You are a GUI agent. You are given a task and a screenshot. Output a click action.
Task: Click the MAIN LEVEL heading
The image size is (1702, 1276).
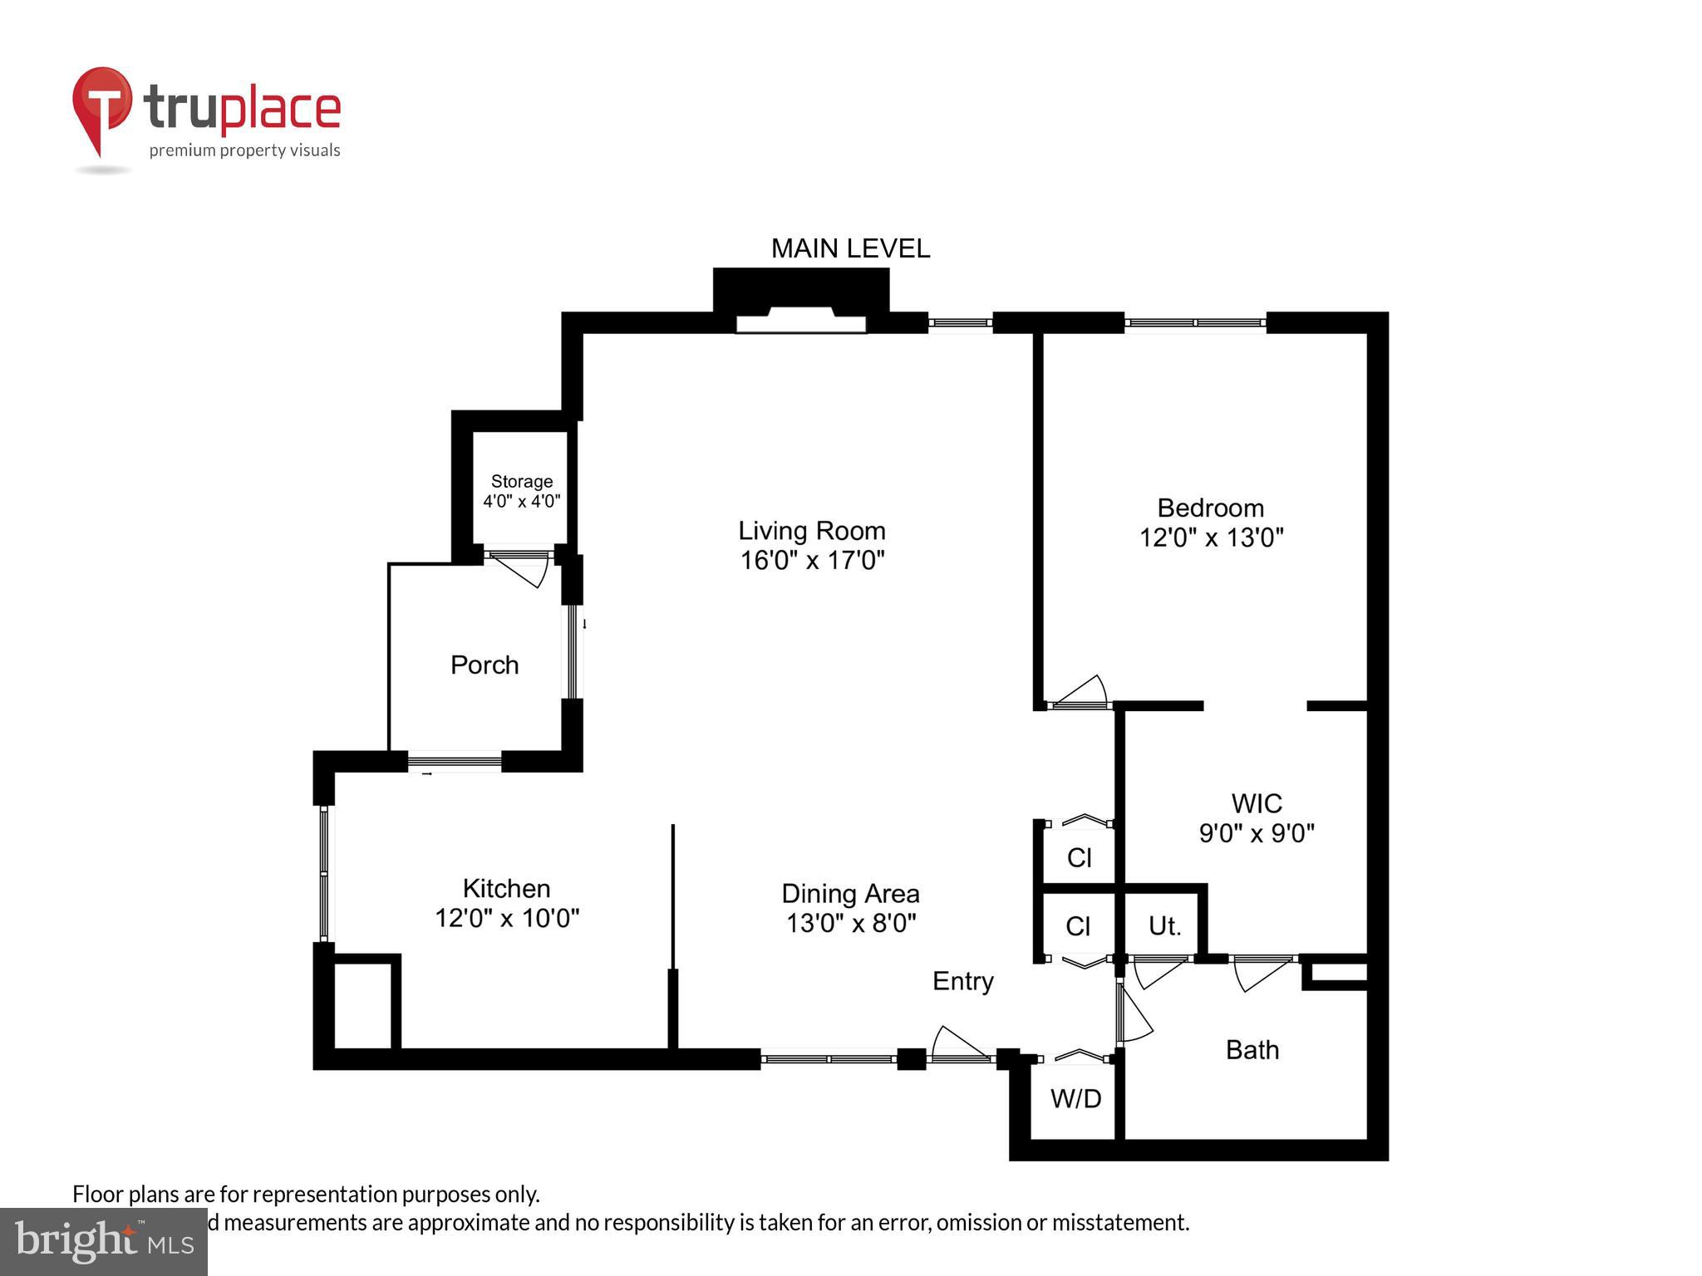[850, 248]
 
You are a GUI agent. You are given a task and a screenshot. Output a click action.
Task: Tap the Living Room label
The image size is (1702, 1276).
[812, 531]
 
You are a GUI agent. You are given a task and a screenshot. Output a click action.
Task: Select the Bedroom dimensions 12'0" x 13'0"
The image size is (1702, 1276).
[1211, 538]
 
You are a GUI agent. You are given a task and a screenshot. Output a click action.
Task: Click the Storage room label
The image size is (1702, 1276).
[522, 482]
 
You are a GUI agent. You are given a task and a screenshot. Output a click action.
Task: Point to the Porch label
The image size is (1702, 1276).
[485, 665]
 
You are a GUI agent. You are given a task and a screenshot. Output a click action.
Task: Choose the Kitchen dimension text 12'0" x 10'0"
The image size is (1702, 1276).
[507, 919]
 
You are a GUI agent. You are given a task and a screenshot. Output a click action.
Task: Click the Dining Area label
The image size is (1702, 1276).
[850, 894]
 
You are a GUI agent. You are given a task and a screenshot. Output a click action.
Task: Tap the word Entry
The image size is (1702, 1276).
[962, 981]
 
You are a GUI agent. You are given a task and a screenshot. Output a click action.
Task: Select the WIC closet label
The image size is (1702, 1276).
[1256, 803]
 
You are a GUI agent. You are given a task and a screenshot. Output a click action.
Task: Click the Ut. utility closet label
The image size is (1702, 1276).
[1164, 926]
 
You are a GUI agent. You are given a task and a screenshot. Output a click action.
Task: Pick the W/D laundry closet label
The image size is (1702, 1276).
[1075, 1099]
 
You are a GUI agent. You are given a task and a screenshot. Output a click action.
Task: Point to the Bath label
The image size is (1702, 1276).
[1252, 1050]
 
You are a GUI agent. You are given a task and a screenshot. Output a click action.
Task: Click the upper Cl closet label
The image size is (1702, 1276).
[1079, 857]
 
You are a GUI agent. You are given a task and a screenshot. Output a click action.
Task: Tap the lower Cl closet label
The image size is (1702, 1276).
[1078, 926]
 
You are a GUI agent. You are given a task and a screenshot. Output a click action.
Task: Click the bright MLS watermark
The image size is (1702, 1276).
[104, 1241]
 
